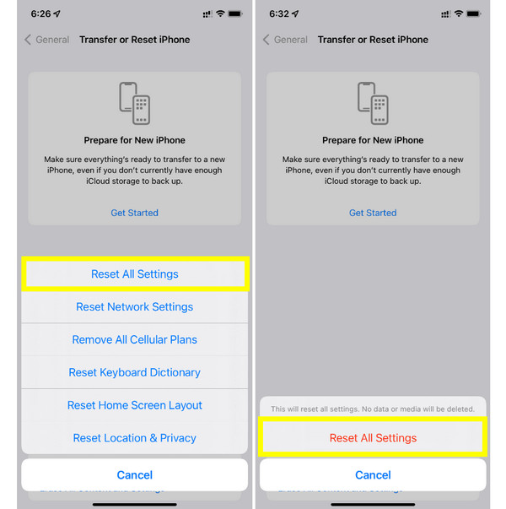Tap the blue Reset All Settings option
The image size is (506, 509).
pyautogui.click(x=135, y=274)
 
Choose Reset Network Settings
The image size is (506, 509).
pyautogui.click(x=135, y=306)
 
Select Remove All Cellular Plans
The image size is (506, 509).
pyautogui.click(x=135, y=339)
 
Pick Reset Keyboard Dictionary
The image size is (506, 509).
pyautogui.click(x=135, y=372)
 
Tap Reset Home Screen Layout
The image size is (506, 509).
pyautogui.click(x=135, y=405)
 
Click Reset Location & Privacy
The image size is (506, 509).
pyautogui.click(x=135, y=438)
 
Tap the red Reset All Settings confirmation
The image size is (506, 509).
pyautogui.click(x=373, y=438)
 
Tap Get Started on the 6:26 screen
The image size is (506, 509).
pyautogui.click(x=135, y=213)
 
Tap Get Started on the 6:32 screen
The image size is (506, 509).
pyautogui.click(x=373, y=213)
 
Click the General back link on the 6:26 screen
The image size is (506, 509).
pyautogui.click(x=47, y=40)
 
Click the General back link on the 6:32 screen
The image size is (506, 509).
pyautogui.click(x=285, y=40)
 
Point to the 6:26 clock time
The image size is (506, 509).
pyautogui.click(x=40, y=14)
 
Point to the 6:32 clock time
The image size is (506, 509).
pyautogui.click(x=279, y=14)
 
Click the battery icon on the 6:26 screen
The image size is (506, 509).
pyautogui.click(x=235, y=14)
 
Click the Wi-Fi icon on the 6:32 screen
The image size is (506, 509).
pyautogui.click(x=458, y=14)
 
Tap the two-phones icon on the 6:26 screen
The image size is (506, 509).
pyautogui.click(x=135, y=103)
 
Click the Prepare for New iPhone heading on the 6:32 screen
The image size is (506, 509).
pyautogui.click(x=373, y=140)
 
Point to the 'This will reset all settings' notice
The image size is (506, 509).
pyautogui.click(x=373, y=409)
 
